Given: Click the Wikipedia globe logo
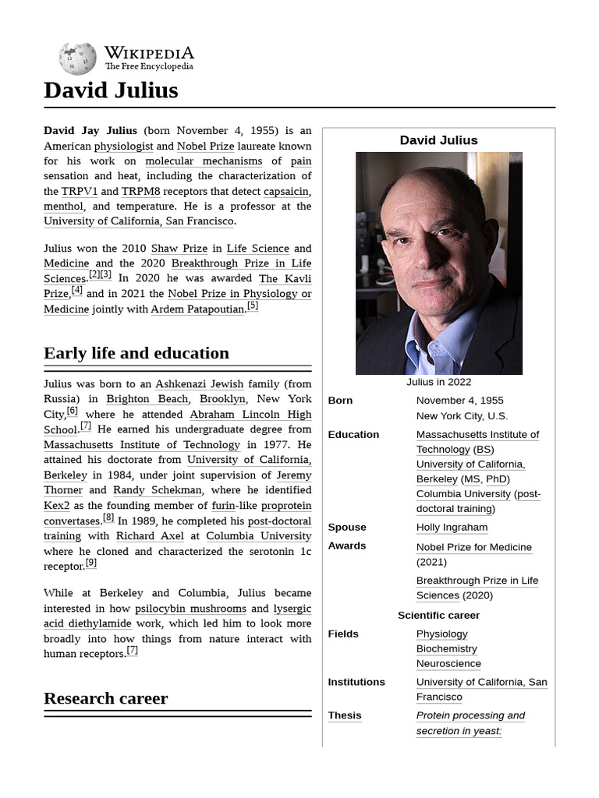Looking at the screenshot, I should click(x=77, y=58).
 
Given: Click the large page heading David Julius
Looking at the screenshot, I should click(x=111, y=90).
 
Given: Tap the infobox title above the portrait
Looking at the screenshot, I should click(x=438, y=140).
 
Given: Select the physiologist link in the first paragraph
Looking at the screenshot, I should click(x=125, y=146).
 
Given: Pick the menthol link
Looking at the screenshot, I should click(x=63, y=207).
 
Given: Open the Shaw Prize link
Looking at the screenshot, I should click(x=179, y=249).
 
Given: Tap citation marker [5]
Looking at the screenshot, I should click(x=253, y=306).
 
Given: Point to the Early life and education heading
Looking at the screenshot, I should click(x=136, y=353).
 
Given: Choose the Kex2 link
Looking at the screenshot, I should click(x=57, y=506).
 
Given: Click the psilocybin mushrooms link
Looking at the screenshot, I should click(x=190, y=609).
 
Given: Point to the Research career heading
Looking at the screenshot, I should click(x=105, y=698).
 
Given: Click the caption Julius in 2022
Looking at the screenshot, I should click(x=438, y=382).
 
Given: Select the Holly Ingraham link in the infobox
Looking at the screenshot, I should click(x=452, y=528).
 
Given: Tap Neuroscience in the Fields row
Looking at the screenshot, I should click(x=448, y=664).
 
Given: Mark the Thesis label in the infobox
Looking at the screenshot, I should click(x=344, y=715).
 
